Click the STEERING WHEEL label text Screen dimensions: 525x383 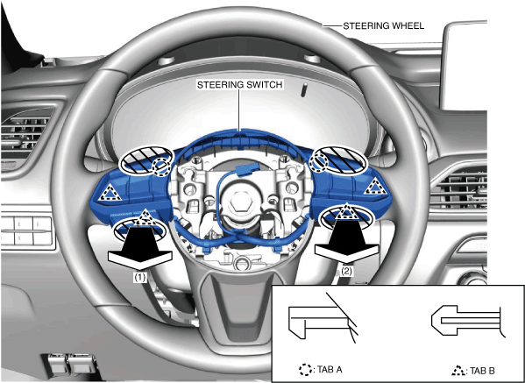(x=384, y=25)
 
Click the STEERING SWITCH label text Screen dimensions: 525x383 (x=240, y=85)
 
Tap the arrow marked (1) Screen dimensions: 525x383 (x=140, y=248)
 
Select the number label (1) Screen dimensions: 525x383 (x=140, y=278)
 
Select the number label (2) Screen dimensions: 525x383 (x=346, y=271)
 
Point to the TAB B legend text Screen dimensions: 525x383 (x=482, y=371)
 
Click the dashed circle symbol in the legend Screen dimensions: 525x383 (x=305, y=370)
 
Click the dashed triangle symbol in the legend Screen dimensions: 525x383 (x=458, y=370)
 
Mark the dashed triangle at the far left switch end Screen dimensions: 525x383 (x=110, y=193)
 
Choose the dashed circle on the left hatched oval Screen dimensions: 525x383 (x=160, y=165)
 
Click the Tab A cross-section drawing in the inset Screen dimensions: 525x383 (x=322, y=318)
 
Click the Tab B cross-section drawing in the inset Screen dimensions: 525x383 (x=467, y=321)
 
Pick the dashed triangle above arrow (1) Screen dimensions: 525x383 (x=145, y=217)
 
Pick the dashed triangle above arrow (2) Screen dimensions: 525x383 (x=347, y=211)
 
